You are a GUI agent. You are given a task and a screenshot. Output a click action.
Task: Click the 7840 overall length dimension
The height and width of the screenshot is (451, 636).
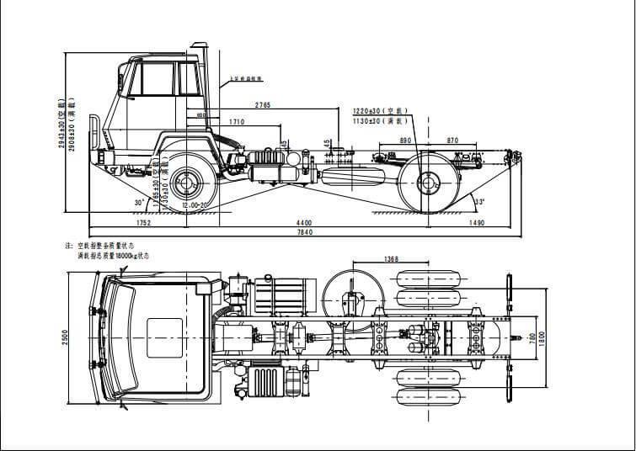tap(305, 232)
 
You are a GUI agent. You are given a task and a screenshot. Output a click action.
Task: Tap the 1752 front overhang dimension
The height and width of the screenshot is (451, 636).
tap(142, 223)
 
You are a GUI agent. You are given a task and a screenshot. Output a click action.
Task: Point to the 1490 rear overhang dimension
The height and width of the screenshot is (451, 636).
tap(477, 223)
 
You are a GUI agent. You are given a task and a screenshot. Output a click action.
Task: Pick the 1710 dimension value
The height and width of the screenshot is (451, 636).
tap(237, 123)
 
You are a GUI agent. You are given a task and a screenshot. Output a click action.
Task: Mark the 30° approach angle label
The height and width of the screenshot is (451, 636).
tap(138, 203)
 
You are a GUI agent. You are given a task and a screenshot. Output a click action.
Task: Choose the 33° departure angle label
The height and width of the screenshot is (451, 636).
tap(479, 203)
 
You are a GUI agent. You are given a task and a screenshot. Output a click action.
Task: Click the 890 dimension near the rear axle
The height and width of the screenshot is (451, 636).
tap(405, 141)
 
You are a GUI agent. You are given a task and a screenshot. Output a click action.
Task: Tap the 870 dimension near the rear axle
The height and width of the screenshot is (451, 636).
tap(452, 141)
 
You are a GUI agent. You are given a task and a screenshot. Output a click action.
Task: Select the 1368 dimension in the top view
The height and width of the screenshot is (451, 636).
tap(391, 259)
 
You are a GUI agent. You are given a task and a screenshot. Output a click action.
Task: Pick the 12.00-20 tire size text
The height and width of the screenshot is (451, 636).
tap(195, 205)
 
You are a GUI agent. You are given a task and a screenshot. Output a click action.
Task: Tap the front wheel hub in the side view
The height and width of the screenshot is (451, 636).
tap(190, 179)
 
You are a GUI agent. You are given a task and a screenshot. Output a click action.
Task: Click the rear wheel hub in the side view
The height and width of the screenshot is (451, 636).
tap(426, 183)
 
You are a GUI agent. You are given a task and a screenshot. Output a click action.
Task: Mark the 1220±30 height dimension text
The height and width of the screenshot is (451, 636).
tap(380, 111)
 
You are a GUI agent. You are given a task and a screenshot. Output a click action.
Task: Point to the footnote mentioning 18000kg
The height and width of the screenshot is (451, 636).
tap(113, 254)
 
